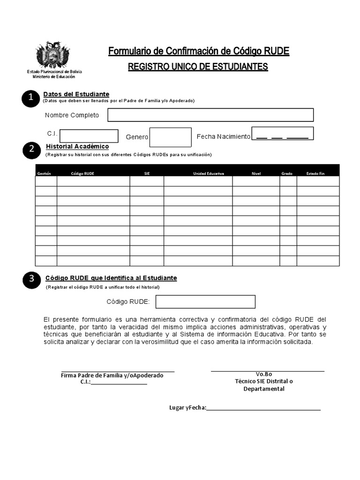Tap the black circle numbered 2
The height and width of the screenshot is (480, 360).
click(x=31, y=150)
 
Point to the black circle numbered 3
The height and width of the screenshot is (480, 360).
click(x=31, y=279)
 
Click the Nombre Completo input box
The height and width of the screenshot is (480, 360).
click(x=210, y=115)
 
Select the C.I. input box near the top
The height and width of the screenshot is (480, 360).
click(x=89, y=136)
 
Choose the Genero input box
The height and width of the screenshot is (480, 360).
click(x=170, y=137)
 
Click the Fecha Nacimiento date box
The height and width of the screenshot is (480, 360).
click(x=282, y=134)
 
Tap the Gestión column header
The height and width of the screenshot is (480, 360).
click(x=44, y=173)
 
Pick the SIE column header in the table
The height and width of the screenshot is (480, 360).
click(x=147, y=173)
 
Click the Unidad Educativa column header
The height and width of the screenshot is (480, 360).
click(x=209, y=173)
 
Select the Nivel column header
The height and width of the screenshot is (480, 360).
click(x=256, y=173)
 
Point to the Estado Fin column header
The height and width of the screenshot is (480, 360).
click(x=315, y=173)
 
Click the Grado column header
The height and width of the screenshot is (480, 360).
click(x=287, y=173)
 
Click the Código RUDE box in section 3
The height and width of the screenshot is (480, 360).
click(x=205, y=301)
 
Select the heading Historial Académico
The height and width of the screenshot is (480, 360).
click(x=77, y=147)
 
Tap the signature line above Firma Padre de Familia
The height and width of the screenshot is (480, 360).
click(x=118, y=371)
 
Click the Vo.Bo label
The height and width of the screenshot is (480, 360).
click(x=264, y=374)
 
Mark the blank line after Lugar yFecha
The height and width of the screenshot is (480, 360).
click(x=263, y=410)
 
